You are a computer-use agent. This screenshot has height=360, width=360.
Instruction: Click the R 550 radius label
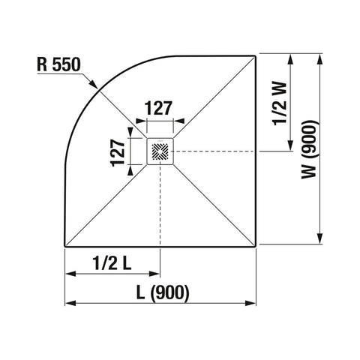58,64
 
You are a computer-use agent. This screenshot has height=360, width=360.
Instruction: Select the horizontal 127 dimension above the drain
159,108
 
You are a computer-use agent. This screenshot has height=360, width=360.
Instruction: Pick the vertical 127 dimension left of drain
118,153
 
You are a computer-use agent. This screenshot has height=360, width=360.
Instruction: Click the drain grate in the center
160,151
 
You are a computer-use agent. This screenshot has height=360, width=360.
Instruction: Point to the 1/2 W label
280,103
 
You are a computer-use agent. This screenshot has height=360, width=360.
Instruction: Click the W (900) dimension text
310,149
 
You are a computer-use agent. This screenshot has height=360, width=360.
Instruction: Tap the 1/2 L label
112,263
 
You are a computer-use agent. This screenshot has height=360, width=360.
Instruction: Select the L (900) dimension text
163,292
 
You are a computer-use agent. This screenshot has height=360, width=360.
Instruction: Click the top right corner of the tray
256,56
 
